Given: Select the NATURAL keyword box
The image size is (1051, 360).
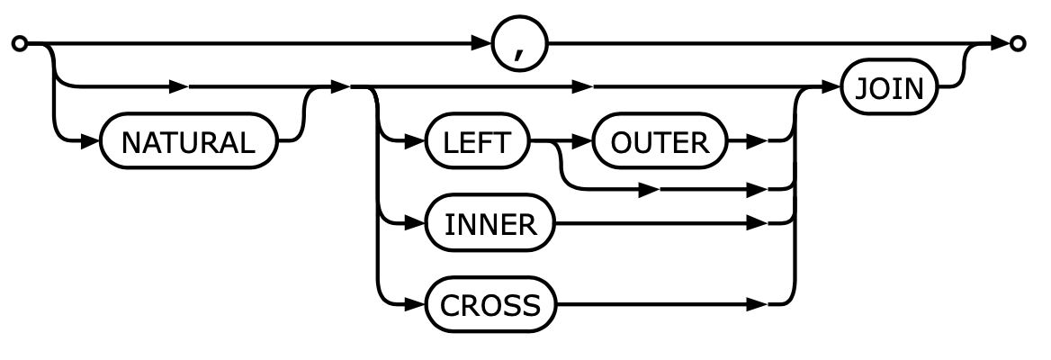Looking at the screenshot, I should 187,142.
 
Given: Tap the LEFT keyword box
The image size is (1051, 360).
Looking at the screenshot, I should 477,142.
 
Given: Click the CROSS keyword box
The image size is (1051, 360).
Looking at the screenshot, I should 490,306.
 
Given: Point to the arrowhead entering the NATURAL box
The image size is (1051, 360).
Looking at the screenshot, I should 93,142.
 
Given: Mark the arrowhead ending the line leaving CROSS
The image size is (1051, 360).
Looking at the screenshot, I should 758,306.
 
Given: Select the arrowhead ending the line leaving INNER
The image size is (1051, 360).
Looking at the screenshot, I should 758,224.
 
